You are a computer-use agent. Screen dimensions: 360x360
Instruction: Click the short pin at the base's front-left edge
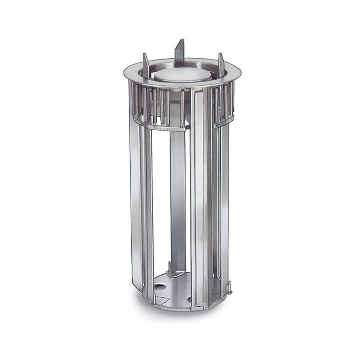pyautogui.click(x=154, y=298)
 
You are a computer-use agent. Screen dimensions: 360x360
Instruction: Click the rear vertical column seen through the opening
pyautogui.click(x=178, y=198)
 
